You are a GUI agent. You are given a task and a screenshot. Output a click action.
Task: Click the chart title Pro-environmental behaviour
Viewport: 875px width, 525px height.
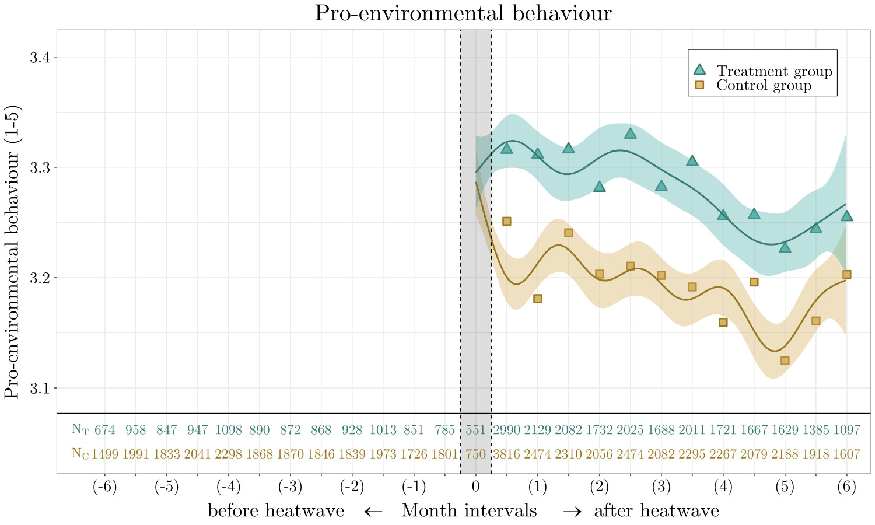(x=463, y=13)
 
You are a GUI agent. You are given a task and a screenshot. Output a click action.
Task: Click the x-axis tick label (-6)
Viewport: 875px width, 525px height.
(x=105, y=487)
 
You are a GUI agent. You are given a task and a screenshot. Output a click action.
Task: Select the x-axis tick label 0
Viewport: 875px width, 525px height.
(x=476, y=487)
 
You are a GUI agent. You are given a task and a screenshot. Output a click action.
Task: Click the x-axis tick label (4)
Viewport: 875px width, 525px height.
(x=723, y=487)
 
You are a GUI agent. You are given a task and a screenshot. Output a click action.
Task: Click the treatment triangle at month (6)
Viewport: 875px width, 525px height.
(x=846, y=216)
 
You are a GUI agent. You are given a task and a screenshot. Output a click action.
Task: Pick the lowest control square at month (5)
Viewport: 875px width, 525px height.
(x=785, y=360)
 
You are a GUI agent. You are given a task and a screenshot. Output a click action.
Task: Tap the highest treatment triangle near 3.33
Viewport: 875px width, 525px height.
(x=630, y=134)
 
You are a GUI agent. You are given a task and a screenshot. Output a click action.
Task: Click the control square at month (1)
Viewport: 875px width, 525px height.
(x=538, y=299)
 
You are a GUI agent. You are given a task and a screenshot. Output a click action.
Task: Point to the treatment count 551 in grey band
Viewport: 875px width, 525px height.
(x=476, y=430)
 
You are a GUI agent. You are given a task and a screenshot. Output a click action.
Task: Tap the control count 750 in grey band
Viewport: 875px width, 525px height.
(x=476, y=454)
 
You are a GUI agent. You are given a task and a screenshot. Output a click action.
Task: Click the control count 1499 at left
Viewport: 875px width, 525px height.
(x=105, y=454)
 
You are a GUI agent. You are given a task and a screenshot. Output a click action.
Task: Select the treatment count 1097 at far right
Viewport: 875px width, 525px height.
(x=846, y=430)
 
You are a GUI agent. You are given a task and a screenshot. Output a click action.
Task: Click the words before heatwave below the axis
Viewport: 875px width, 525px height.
(x=276, y=511)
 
